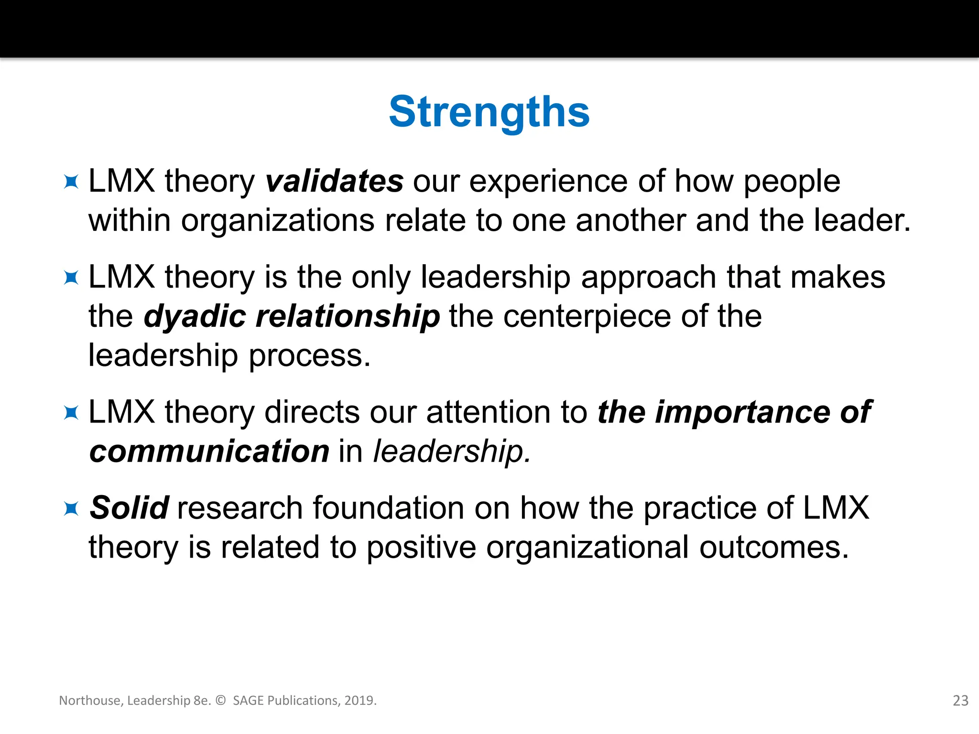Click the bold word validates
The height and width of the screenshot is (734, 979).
[x=334, y=182]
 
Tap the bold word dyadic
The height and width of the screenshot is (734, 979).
[x=195, y=317]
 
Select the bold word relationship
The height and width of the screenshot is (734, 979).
[x=348, y=317]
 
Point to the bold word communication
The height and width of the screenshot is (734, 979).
[x=209, y=452]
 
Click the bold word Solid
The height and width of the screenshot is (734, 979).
[x=129, y=507]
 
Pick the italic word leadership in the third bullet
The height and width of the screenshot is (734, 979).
[x=451, y=452]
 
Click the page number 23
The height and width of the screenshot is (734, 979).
[x=960, y=701]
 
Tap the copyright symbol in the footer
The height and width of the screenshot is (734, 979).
[x=220, y=701]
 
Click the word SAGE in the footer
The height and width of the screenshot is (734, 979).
[x=248, y=701]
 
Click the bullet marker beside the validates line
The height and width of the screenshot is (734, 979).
[x=71, y=182]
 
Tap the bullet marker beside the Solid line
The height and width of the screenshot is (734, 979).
[x=71, y=508]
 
